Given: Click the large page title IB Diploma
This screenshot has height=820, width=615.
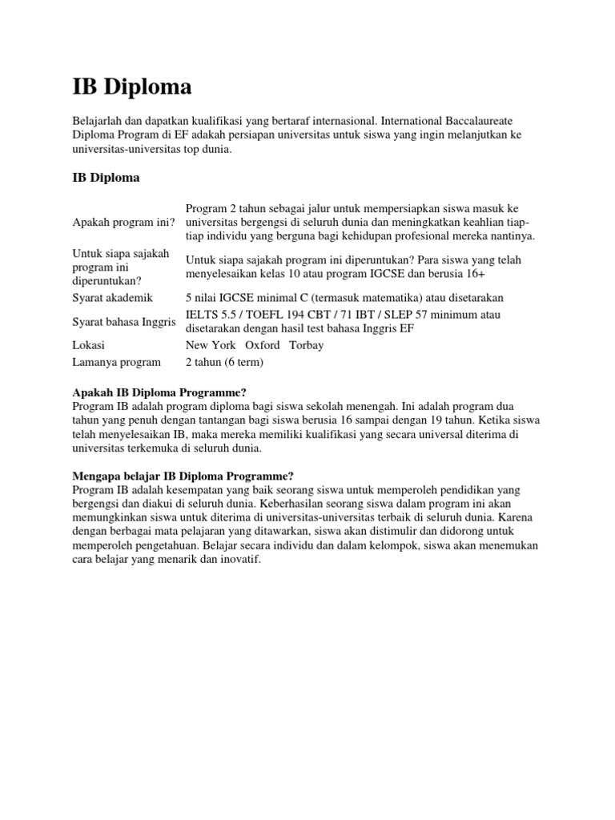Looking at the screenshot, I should tap(132, 87).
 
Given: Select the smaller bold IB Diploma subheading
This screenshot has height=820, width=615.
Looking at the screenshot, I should tap(106, 178).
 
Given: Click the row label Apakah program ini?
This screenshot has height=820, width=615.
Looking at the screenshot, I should tap(123, 222).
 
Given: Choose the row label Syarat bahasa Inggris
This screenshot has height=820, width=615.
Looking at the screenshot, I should tap(123, 321).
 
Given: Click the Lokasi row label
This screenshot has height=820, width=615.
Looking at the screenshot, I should tap(88, 345).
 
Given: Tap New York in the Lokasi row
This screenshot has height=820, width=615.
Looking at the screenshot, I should tap(211, 345).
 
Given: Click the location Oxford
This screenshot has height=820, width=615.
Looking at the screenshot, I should tap(263, 345).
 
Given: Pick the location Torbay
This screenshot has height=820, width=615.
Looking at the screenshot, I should tap(307, 345).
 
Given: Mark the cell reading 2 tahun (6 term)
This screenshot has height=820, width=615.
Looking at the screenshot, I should tap(224, 362).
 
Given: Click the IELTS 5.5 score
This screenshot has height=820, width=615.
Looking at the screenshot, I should tap(211, 315).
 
